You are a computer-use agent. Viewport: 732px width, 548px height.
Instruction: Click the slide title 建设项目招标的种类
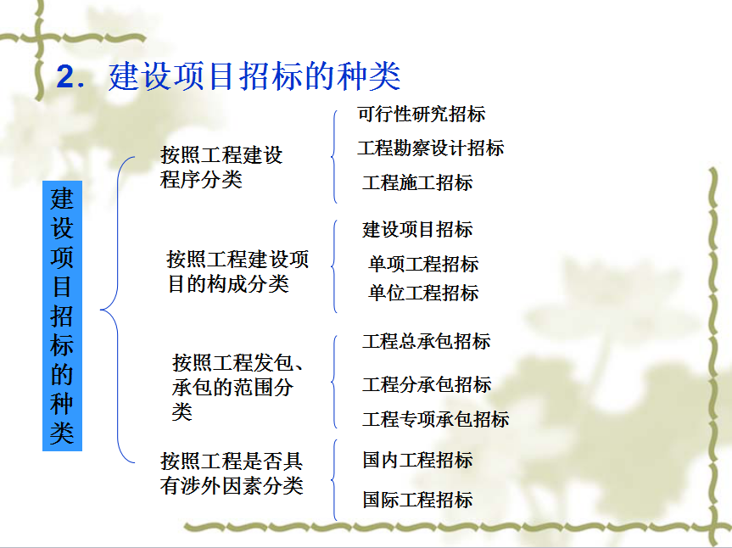[x=254, y=76]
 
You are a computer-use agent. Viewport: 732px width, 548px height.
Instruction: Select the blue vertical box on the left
[x=62, y=316]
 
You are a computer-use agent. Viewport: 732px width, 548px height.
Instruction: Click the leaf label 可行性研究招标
[x=421, y=114]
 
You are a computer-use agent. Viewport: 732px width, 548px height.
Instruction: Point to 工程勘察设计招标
[x=430, y=148]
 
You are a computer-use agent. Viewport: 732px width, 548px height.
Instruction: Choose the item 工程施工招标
[x=417, y=182]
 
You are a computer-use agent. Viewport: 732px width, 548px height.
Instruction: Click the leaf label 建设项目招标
[x=417, y=229]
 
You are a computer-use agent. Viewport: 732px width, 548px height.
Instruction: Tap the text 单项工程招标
[x=423, y=264]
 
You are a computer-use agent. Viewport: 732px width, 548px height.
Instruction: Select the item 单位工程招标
[x=423, y=294]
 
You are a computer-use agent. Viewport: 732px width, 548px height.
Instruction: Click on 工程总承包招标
[x=426, y=341]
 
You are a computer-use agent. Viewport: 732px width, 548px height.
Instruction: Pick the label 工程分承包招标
[x=427, y=384]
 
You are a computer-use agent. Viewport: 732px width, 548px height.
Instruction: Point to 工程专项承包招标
[x=436, y=419]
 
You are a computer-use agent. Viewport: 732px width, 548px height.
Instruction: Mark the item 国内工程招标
[x=417, y=461]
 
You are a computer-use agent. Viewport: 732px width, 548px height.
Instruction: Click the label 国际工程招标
[x=417, y=500]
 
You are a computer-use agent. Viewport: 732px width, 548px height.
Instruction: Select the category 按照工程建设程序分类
[x=221, y=167]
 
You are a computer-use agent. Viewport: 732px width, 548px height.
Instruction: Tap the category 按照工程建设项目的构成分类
[x=237, y=271]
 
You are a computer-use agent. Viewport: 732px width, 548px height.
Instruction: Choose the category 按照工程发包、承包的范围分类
[x=237, y=387]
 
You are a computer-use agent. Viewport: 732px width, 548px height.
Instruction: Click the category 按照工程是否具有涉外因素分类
[x=232, y=473]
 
